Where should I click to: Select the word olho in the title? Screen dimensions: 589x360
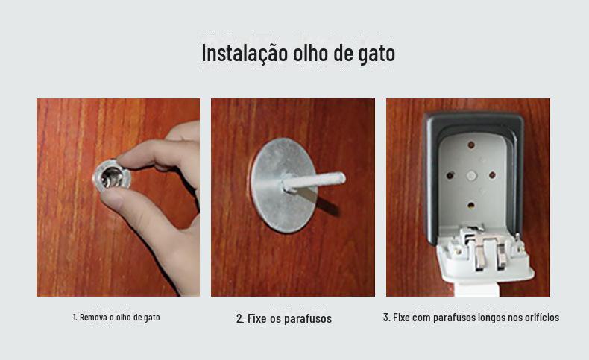[x=311, y=53]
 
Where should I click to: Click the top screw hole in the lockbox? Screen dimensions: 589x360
[x=471, y=145]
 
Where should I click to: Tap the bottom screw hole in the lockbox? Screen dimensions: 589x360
[x=471, y=205]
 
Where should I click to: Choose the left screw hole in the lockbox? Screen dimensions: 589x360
[x=450, y=175]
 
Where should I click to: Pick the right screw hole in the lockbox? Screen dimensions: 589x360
[x=492, y=175]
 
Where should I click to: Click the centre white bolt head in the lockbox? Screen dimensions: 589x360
[x=471, y=175]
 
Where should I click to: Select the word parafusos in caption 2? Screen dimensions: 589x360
[x=308, y=319]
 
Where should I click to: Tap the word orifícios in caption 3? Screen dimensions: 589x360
[x=542, y=318]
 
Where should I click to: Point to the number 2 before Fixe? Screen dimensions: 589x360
[x=239, y=319]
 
